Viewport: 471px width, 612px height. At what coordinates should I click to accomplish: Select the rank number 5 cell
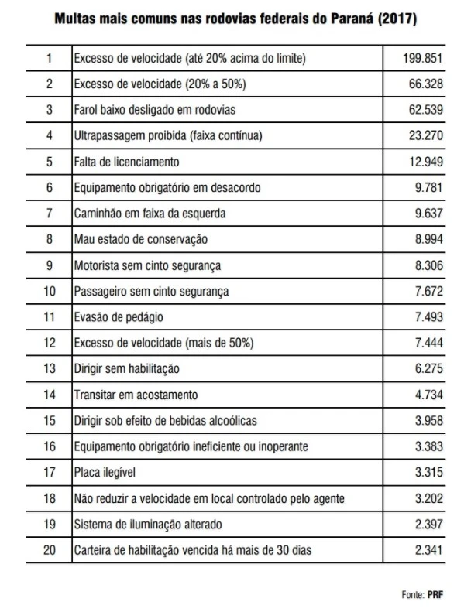point(50,162)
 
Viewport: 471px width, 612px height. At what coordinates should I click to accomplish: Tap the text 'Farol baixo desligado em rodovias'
point(154,110)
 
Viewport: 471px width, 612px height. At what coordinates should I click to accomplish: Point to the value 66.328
point(427,84)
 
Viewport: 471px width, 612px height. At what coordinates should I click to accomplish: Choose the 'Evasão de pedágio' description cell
point(119,317)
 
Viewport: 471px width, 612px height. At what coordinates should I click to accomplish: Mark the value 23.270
point(427,135)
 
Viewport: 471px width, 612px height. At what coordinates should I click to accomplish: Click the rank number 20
point(50,551)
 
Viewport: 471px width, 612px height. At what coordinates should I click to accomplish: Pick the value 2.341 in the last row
point(429,551)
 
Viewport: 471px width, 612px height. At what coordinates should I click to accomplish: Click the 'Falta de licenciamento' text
point(126,162)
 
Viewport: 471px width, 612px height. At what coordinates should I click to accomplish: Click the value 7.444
point(429,343)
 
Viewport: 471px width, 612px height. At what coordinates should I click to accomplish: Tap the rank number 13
point(50,369)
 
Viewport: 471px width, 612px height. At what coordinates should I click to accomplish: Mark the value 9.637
point(429,214)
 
